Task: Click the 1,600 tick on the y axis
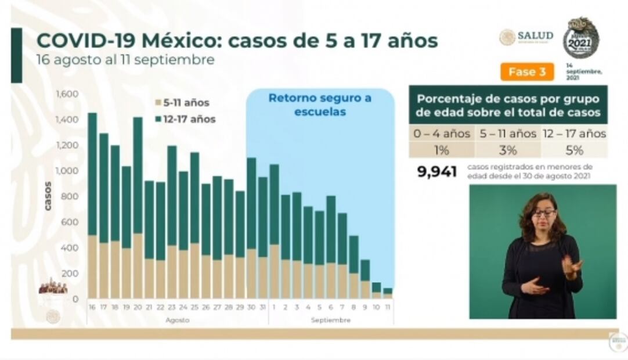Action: tap(67, 94)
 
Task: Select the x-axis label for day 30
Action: tap(251, 306)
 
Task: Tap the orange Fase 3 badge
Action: tap(527, 72)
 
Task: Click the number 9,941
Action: tap(436, 172)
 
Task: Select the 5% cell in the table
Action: tap(574, 150)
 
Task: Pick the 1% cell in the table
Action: tap(442, 150)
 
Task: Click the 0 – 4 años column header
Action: tap(442, 134)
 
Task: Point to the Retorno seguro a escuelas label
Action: tap(320, 105)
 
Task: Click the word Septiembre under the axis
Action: tap(330, 320)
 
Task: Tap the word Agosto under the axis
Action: tap(177, 320)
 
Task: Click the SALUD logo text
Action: tap(535, 36)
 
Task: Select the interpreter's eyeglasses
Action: tap(544, 213)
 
